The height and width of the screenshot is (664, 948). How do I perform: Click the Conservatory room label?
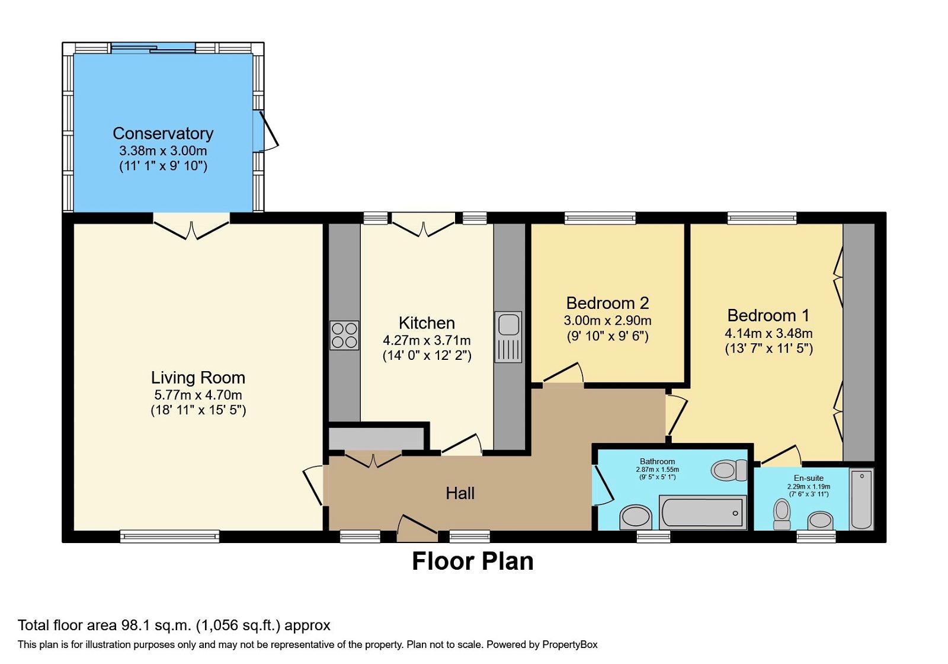click(163, 133)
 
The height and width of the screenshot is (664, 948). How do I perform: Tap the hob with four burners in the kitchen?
click(344, 335)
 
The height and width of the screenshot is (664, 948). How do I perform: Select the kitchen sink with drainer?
click(508, 337)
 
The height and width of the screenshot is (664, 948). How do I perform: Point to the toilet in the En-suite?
click(782, 513)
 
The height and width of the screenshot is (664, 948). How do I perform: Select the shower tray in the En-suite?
click(861, 499)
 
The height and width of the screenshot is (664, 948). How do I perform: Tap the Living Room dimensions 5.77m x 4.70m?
click(198, 395)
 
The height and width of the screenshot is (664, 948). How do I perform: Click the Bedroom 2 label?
click(607, 303)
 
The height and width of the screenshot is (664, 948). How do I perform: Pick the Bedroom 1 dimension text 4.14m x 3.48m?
click(768, 333)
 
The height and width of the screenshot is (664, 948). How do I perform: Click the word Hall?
click(460, 493)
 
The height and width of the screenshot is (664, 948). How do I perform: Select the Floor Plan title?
click(472, 561)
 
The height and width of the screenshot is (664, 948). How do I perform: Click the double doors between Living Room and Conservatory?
click(191, 228)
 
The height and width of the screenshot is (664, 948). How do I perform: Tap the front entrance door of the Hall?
click(418, 528)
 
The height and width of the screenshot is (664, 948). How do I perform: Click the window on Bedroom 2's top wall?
click(600, 219)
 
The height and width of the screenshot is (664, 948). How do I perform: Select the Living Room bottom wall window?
click(169, 537)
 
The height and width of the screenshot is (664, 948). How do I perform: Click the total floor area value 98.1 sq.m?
click(156, 625)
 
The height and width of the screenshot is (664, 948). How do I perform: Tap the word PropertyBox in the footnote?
click(569, 644)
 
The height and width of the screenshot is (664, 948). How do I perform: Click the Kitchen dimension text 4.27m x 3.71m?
click(427, 340)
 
